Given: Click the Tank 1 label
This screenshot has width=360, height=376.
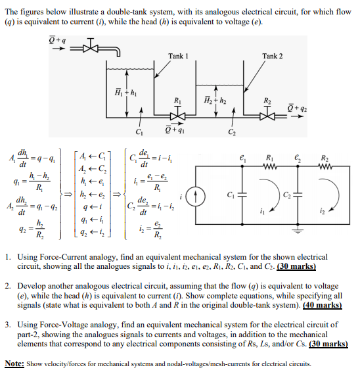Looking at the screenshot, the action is tap(179, 56).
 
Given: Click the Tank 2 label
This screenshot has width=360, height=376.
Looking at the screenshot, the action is tap(272, 56).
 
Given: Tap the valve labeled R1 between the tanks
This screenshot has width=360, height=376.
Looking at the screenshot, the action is tap(177, 112).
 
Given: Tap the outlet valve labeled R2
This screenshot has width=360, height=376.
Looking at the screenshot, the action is tap(269, 112).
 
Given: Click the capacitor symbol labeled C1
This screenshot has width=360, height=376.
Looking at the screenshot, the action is tap(241, 195).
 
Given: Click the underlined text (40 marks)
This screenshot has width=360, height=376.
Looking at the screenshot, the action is tap(321, 305).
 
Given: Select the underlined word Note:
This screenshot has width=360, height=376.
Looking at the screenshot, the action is tap(14, 362).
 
